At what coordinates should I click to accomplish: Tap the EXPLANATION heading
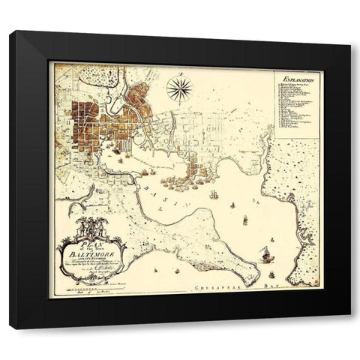point(293,77)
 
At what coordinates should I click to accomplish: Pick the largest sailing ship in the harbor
point(265,253)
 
